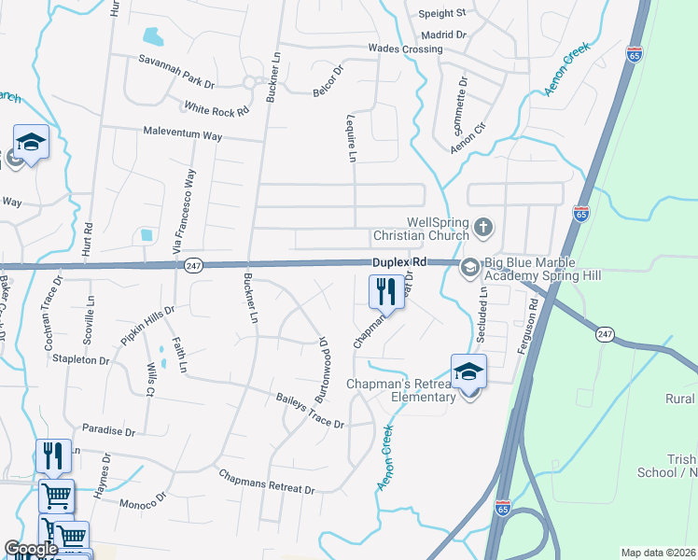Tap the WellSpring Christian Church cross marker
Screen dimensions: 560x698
[483, 227]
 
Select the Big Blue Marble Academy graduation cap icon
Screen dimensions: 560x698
[469, 268]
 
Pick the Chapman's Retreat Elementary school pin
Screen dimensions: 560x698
[468, 371]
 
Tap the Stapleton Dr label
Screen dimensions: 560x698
[82, 359]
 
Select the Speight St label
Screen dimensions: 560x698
[442, 13]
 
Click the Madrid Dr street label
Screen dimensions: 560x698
[444, 35]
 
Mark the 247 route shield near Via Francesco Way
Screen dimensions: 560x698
[193, 265]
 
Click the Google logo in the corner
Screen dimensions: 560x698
[31, 550]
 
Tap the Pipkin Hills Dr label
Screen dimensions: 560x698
[147, 323]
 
